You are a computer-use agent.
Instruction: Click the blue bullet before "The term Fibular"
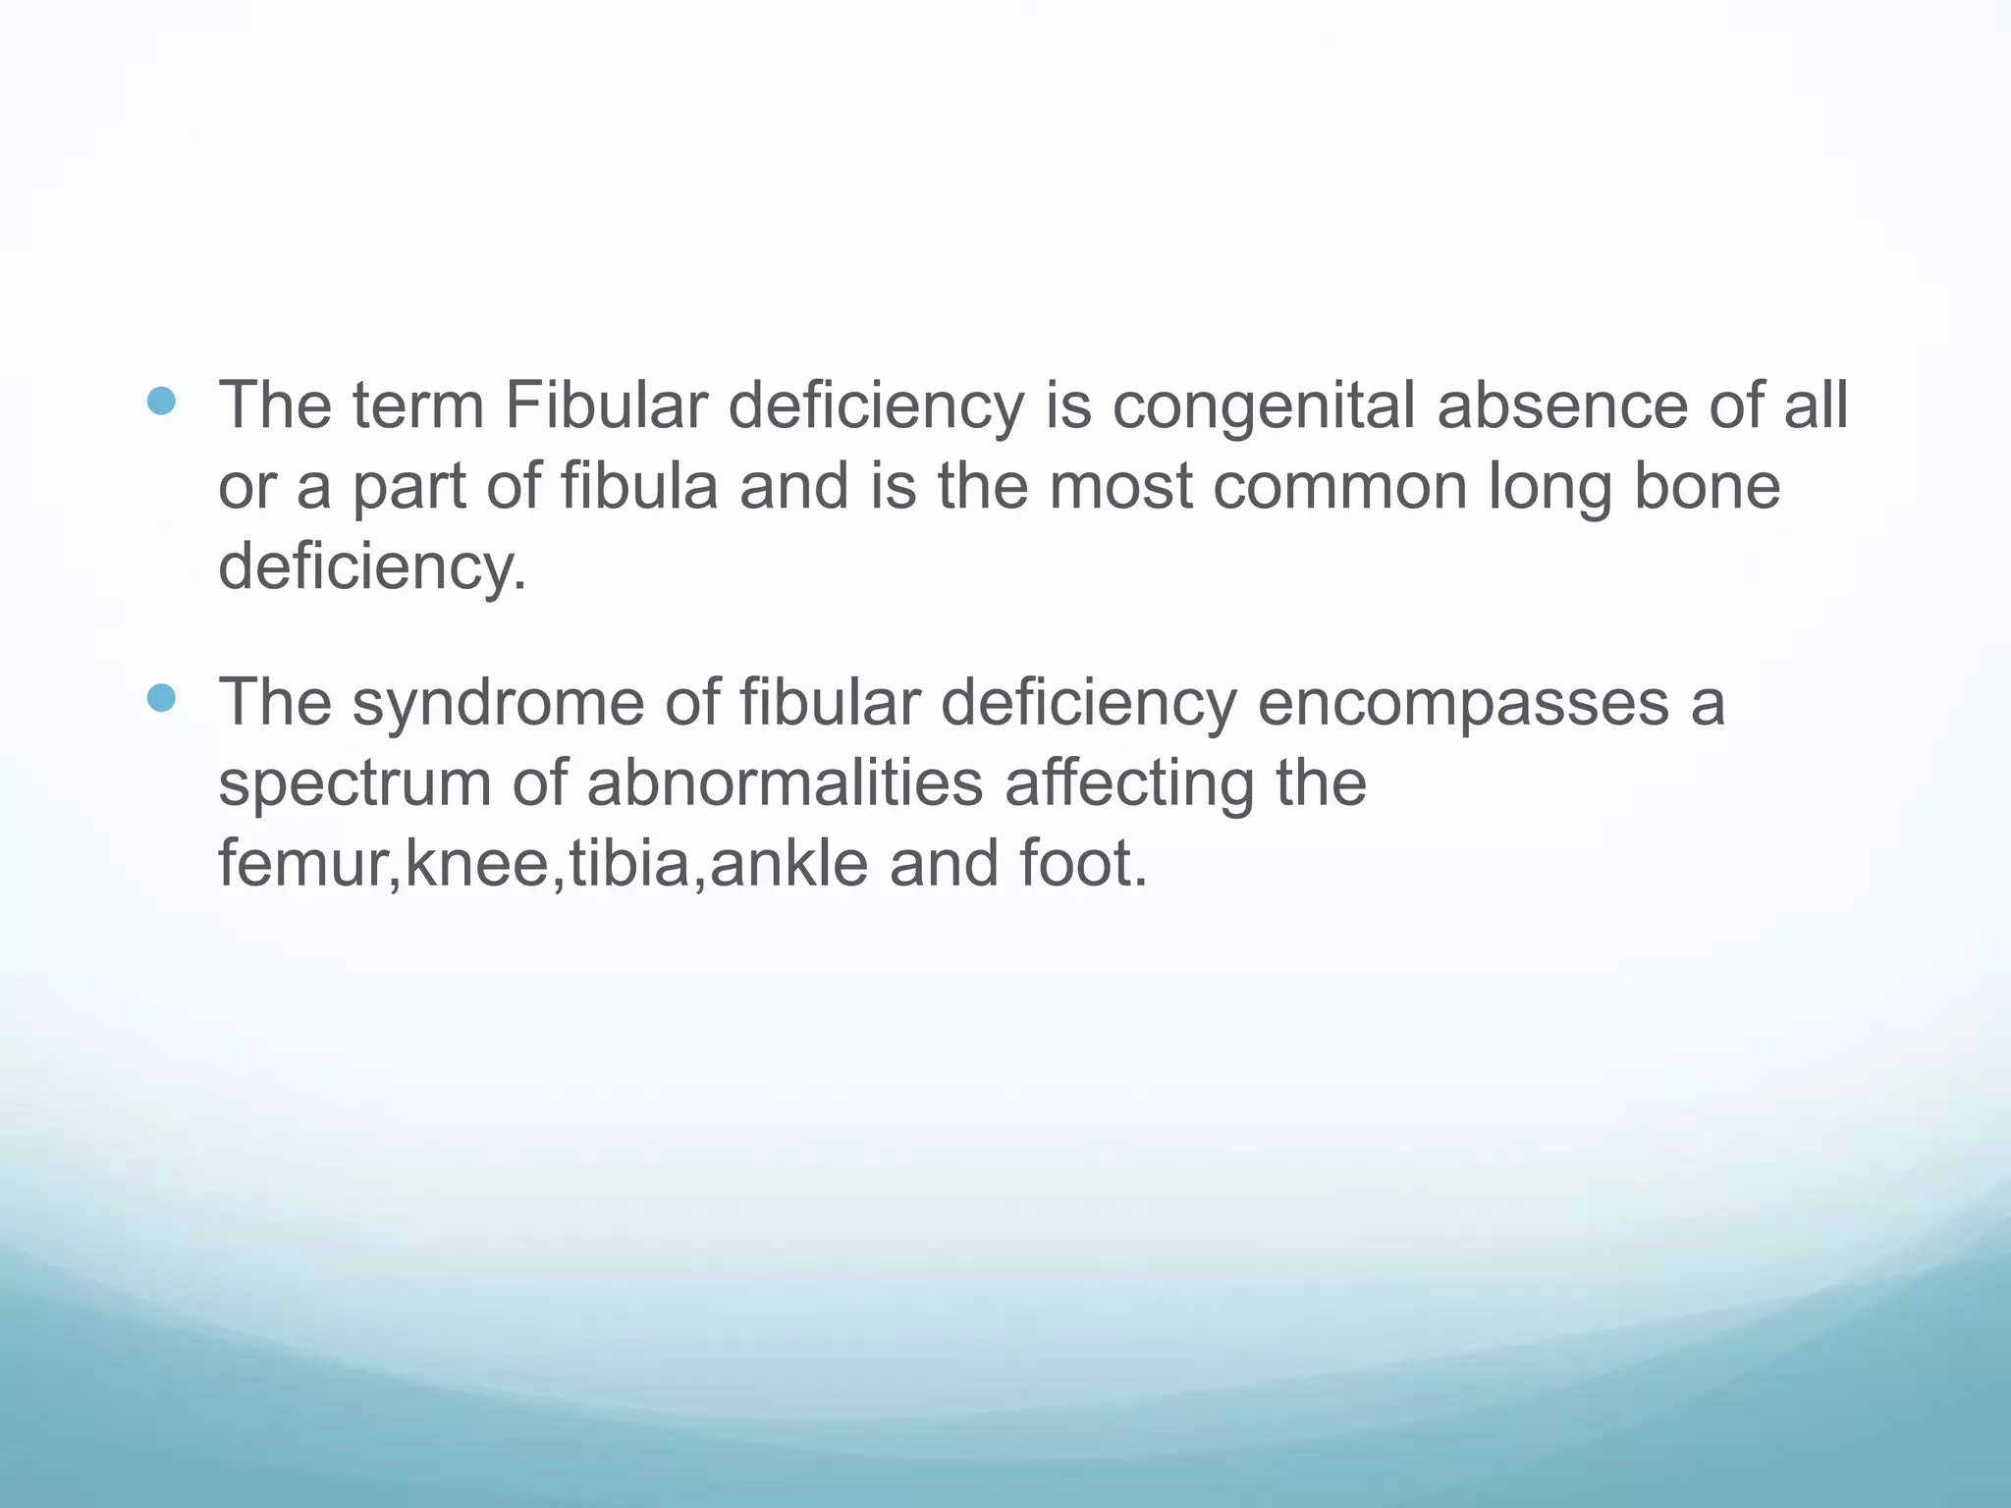(160, 401)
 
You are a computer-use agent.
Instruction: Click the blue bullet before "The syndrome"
(160, 698)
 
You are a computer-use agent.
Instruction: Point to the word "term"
(418, 405)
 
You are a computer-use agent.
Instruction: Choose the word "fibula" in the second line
(639, 486)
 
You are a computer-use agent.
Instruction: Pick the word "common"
(1339, 486)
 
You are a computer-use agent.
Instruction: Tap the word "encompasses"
(1463, 704)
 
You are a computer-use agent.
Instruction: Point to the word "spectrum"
(354, 784)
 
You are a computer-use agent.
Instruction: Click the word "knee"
(476, 864)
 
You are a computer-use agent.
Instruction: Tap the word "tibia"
(629, 864)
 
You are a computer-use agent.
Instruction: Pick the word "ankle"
(788, 864)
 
